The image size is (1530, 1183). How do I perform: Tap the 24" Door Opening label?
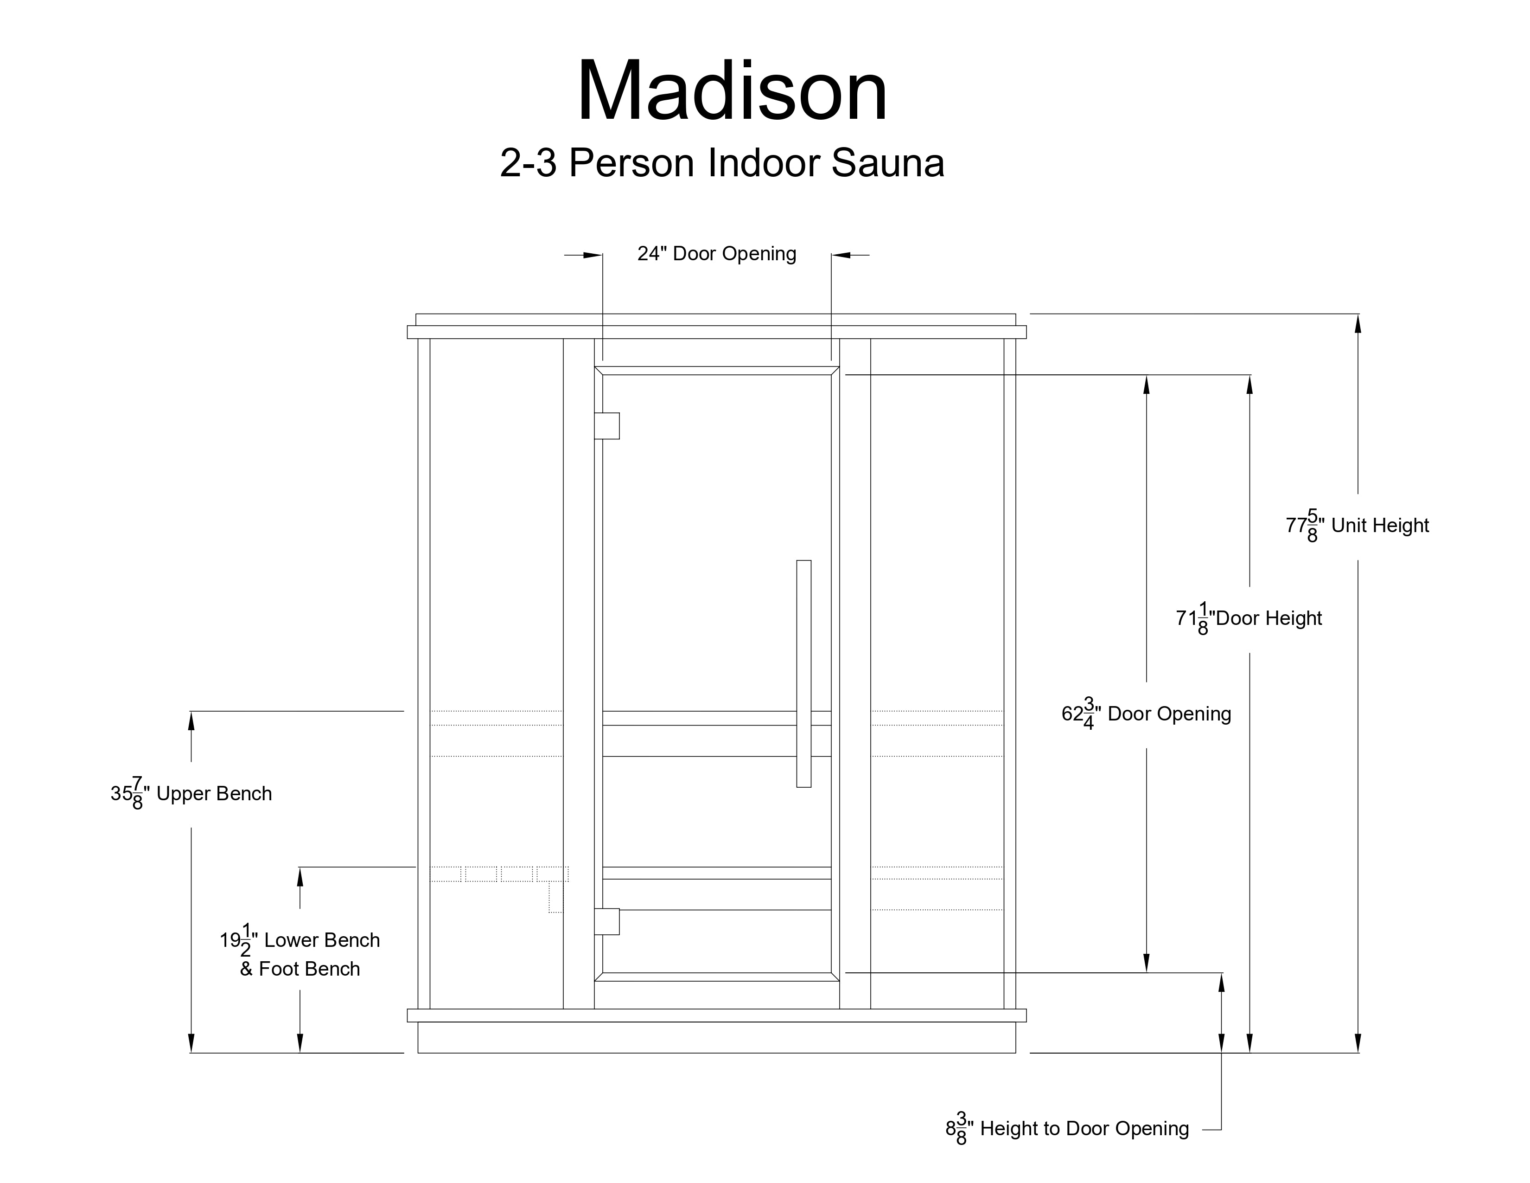tap(717, 254)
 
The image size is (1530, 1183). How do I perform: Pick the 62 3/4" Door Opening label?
tap(1146, 714)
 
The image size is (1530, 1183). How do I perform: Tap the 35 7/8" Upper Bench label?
tap(191, 794)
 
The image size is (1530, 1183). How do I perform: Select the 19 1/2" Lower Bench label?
tap(300, 940)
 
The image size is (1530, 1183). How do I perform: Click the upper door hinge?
tap(607, 426)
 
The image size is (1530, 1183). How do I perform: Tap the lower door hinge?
tap(607, 922)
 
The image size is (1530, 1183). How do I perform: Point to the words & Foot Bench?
tap(300, 969)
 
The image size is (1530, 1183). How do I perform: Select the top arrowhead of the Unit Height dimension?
tap(1358, 324)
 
